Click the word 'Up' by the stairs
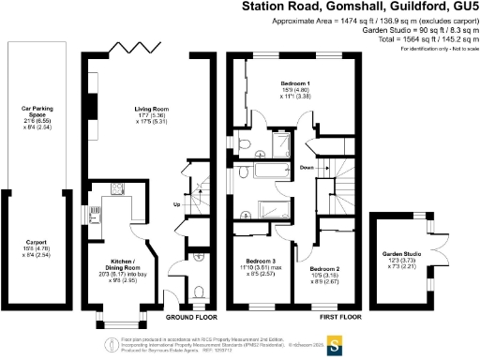(177, 205)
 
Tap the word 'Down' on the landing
(307, 168)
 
